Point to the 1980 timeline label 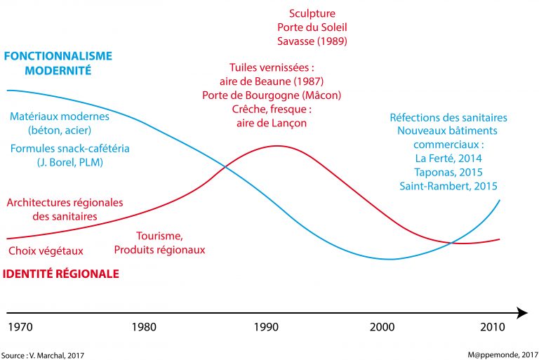point(143,328)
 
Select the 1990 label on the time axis point(267,328)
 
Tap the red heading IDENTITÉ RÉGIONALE point(62,274)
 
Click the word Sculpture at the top point(312,13)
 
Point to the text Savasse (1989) point(312,41)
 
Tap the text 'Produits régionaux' point(159,250)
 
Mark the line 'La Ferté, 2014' point(448,159)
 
